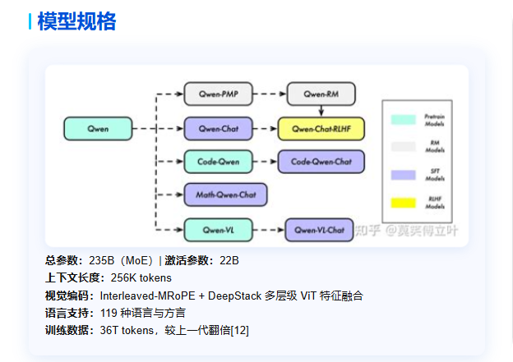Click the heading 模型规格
point(76,21)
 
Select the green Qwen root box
point(98,129)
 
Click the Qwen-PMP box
point(219,94)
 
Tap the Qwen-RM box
point(321,94)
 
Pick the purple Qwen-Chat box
point(219,129)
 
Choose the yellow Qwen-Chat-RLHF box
point(321,129)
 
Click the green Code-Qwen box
point(219,162)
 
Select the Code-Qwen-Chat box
point(321,162)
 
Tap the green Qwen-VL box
point(219,229)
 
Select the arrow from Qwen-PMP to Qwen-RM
point(270,94)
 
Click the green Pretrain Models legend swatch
point(404,119)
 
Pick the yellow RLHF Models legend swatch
point(404,203)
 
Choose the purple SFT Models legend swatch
point(404,175)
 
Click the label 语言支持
point(67,313)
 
